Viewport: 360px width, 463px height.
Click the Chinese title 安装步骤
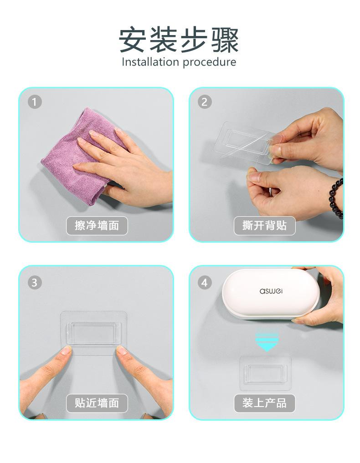pyautogui.click(x=179, y=40)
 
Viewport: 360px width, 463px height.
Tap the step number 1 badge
pyautogui.click(x=35, y=102)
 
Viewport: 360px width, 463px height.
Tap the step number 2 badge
pyautogui.click(x=205, y=102)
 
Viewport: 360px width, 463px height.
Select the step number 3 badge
pyautogui.click(x=35, y=282)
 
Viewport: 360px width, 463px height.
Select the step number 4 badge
pyautogui.click(x=205, y=282)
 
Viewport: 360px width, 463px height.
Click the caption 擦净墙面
pyautogui.click(x=97, y=226)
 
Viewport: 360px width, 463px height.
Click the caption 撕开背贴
pyautogui.click(x=265, y=226)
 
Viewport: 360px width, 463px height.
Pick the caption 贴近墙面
pyautogui.click(x=97, y=403)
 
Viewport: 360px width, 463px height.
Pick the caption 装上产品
pyautogui.click(x=265, y=403)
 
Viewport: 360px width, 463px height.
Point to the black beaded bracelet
pyautogui.click(x=336, y=198)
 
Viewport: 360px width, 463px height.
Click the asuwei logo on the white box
pyautogui.click(x=271, y=291)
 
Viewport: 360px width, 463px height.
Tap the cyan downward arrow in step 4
pyautogui.click(x=267, y=341)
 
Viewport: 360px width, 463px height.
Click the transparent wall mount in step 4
pyautogui.click(x=265, y=373)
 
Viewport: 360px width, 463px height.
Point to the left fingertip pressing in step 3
pyautogui.click(x=66, y=351)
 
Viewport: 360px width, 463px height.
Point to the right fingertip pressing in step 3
pyautogui.click(x=122, y=351)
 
